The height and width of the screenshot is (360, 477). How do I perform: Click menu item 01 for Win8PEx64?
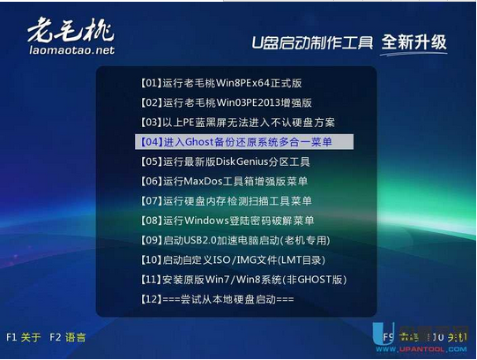tap(220, 83)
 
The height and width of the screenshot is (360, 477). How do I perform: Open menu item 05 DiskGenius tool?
tap(224, 161)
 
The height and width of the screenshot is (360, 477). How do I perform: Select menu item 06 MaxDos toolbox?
tap(226, 181)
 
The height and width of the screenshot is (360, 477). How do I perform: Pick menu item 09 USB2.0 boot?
tap(234, 240)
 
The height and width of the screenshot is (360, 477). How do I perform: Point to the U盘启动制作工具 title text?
tap(309, 42)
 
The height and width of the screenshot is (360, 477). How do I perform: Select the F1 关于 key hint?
tap(24, 337)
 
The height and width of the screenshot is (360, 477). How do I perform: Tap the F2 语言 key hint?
tap(68, 337)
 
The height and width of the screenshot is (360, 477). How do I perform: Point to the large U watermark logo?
tap(379, 336)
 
